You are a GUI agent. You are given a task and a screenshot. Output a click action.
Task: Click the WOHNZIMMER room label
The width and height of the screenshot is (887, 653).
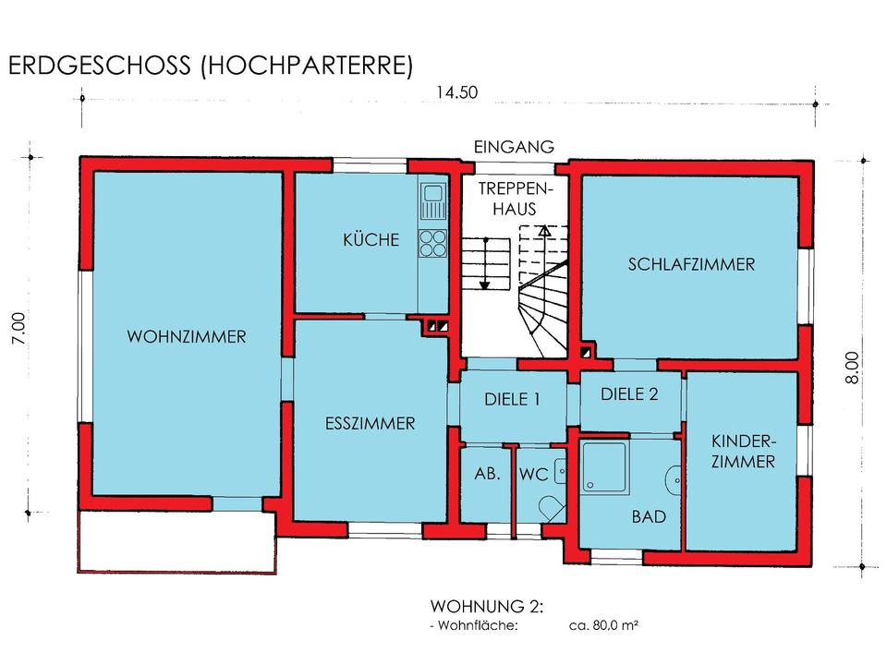pos(187,337)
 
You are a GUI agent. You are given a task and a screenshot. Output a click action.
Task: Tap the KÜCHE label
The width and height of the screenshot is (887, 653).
pos(371,240)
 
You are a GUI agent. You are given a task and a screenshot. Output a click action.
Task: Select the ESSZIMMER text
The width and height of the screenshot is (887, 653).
pos(370,423)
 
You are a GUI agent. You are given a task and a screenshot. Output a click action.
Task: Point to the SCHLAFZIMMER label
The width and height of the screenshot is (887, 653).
pos(691,264)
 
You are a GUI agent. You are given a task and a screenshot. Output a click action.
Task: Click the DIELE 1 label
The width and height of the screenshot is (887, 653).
pos(512,400)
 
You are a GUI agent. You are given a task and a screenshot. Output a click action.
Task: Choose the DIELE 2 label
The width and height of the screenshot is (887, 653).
pos(629,394)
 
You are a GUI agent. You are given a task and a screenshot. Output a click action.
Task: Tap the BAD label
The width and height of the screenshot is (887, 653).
pos(649,516)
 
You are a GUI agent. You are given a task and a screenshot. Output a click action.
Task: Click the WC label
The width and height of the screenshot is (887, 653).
pos(534,475)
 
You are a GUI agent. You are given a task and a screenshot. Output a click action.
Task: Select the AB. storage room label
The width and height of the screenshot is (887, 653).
pos(488,473)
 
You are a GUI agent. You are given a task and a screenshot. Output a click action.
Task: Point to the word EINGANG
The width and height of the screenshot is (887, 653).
pos(514,147)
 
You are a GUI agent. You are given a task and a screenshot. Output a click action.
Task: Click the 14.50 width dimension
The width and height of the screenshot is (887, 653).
pos(457,92)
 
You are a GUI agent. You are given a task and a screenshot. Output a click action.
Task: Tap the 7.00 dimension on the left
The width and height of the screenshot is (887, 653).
pos(18,329)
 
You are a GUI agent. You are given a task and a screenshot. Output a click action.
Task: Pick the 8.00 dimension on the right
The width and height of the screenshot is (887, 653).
pos(852,368)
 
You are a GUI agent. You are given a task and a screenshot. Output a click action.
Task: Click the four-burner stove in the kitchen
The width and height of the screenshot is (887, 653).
pos(432,243)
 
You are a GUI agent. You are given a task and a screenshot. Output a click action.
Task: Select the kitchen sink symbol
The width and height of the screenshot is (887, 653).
pos(432,201)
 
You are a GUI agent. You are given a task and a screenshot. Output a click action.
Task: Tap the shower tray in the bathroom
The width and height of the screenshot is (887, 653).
pos(604,467)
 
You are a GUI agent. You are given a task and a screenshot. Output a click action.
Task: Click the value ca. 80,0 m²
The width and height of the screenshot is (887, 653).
pos(603,625)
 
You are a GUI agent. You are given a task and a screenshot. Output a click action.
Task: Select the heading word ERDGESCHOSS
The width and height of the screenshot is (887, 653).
pos(100,66)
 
